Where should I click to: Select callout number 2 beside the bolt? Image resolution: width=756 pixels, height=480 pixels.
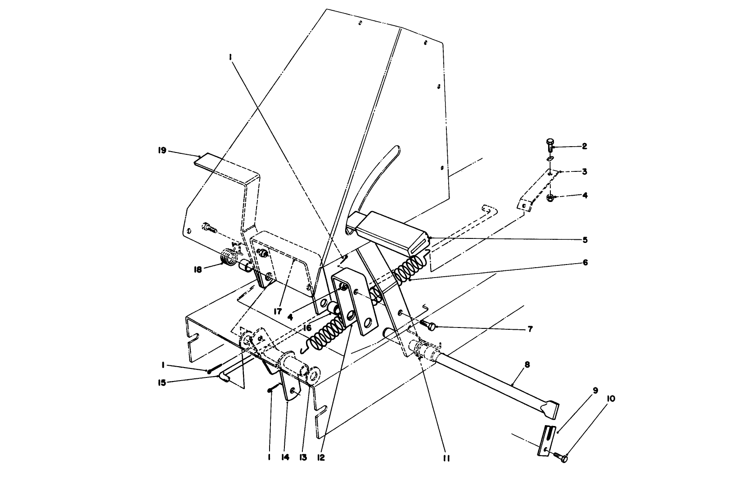coord(585,146)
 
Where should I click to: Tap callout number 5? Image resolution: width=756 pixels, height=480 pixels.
coord(585,240)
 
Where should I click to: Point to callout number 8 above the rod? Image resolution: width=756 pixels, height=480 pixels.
coord(527,364)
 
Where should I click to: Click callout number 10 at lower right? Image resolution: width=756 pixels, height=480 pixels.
coord(612,399)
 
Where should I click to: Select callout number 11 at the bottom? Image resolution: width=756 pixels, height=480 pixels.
coord(446,458)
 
